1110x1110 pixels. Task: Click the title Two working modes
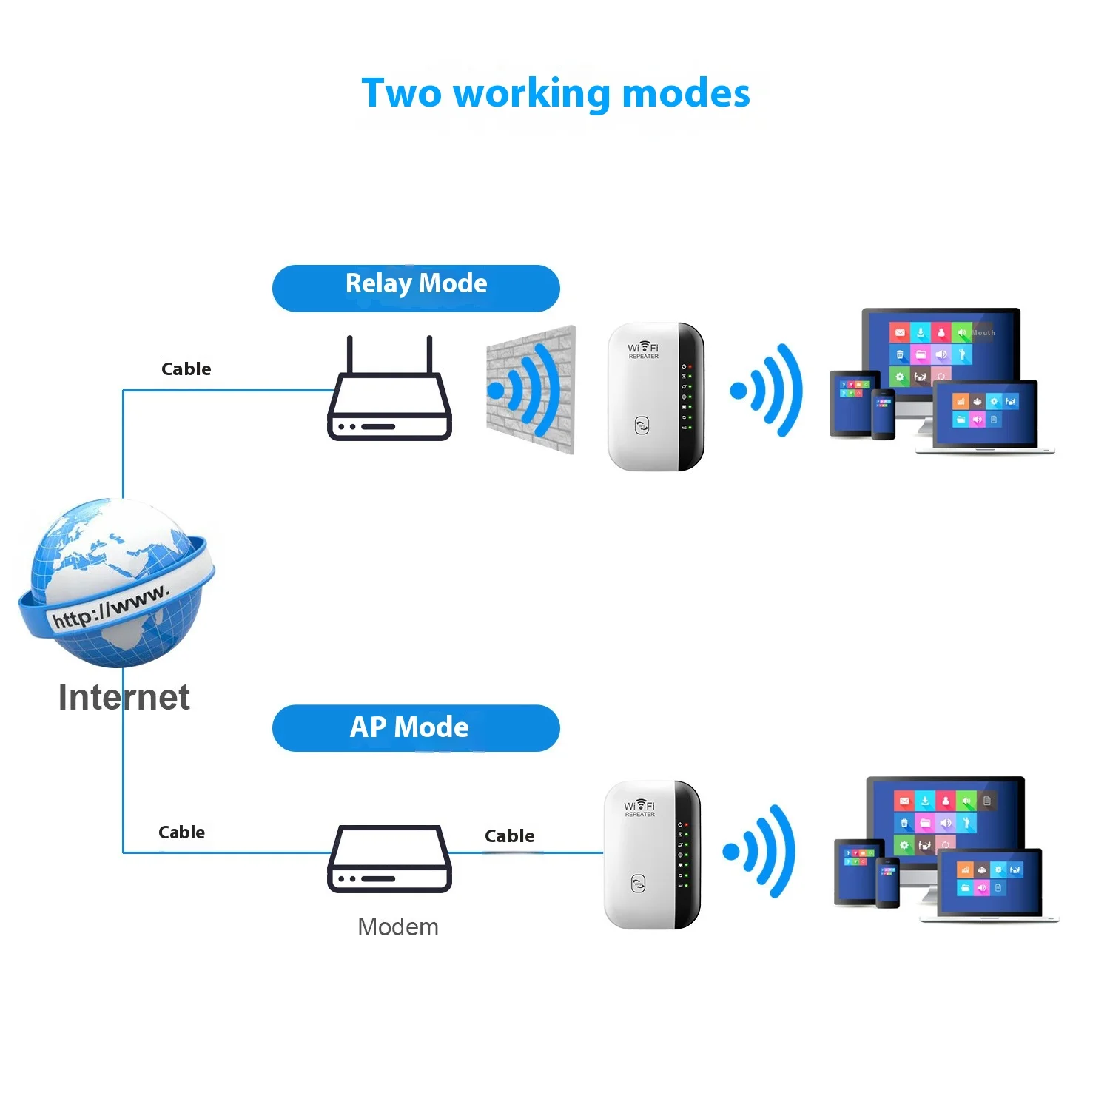[x=556, y=94]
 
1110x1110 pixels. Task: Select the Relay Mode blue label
[x=416, y=287]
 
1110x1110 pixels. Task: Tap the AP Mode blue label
[x=416, y=728]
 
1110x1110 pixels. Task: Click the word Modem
[x=398, y=927]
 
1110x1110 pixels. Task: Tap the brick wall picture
[x=531, y=389]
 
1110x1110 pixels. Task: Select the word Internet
[x=124, y=698]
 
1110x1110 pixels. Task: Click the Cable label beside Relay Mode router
[x=186, y=369]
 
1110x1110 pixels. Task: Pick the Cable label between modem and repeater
[x=509, y=836]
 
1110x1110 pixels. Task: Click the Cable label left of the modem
[x=182, y=832]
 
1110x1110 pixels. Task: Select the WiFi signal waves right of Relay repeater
[x=767, y=390]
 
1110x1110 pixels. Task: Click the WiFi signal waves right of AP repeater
[x=761, y=851]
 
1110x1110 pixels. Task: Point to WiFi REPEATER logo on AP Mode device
[x=639, y=808]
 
